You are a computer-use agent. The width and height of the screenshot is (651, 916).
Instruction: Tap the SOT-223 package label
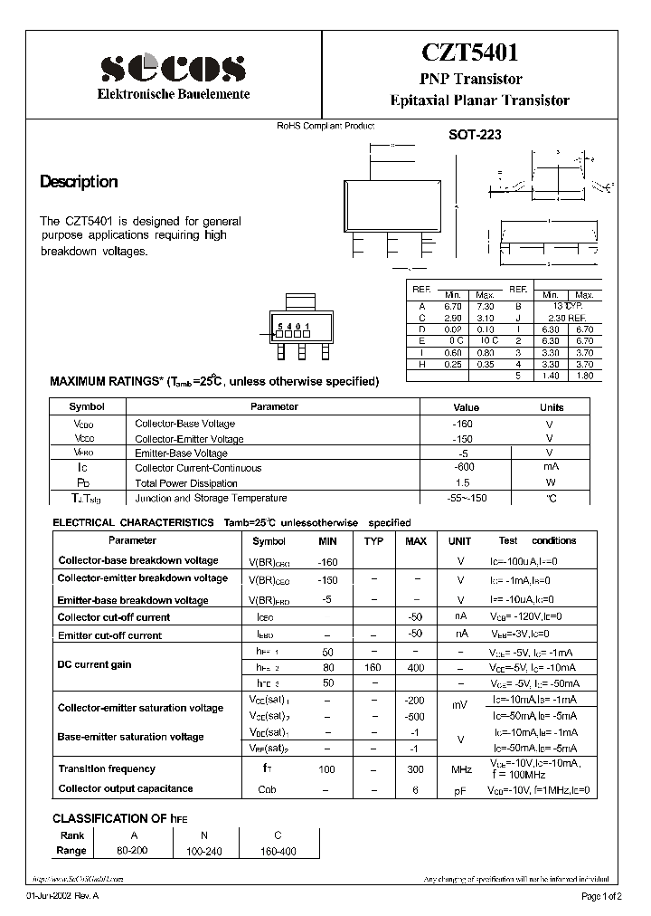tap(475, 134)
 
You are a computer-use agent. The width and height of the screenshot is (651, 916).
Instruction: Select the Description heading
tap(79, 182)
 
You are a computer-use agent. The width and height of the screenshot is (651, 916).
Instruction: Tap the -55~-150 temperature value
tap(465, 498)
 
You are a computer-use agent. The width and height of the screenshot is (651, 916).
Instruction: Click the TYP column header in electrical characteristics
tap(373, 541)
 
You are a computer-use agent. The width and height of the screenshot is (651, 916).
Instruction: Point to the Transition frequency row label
tap(107, 768)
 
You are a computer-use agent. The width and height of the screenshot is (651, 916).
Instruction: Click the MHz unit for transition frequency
tap(462, 769)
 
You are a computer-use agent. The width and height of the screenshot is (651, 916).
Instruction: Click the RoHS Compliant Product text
tap(325, 126)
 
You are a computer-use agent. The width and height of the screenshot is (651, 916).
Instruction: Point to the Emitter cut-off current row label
tap(109, 635)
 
